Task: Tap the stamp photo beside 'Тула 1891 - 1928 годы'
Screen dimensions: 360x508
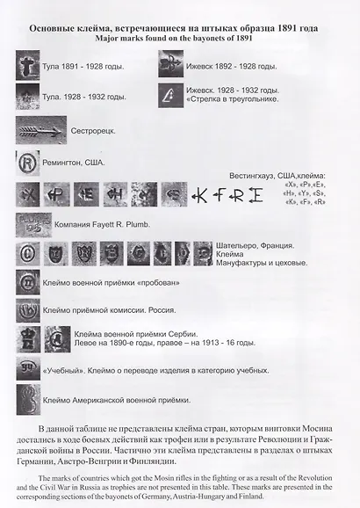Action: click(28, 66)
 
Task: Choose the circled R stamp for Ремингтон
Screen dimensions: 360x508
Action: click(28, 163)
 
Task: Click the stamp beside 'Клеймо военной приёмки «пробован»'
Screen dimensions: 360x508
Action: click(28, 283)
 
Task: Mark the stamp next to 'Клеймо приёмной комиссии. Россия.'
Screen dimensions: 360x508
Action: click(28, 309)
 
